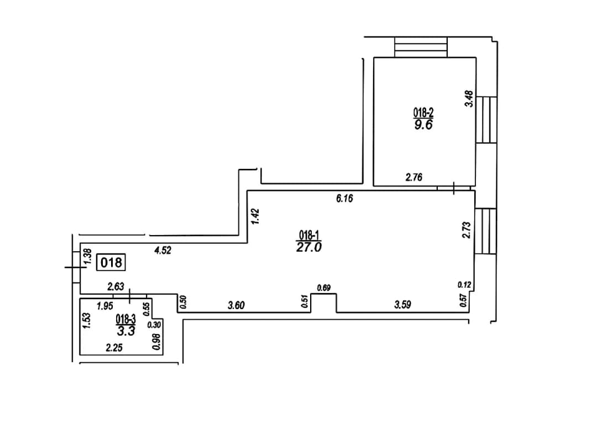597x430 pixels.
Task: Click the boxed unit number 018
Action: (x=111, y=262)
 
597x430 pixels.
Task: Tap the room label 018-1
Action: (x=308, y=235)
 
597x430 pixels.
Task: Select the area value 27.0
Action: (x=309, y=247)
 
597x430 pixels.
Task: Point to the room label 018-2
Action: (x=423, y=113)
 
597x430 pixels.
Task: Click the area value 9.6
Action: (x=423, y=125)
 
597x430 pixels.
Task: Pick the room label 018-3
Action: (x=125, y=319)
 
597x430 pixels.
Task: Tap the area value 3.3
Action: (x=126, y=331)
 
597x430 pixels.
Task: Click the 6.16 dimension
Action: (x=344, y=199)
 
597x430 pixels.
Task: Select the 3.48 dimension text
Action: (x=469, y=98)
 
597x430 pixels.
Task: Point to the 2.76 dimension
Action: (x=414, y=177)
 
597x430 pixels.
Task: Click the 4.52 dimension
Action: (x=163, y=251)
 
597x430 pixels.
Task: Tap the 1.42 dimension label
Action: (x=255, y=216)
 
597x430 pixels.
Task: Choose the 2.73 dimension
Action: (x=467, y=230)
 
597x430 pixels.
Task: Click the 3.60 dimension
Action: (x=236, y=305)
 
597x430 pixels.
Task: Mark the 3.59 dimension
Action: (x=402, y=305)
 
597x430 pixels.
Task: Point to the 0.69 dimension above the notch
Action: (x=323, y=288)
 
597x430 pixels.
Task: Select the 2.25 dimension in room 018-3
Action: (x=114, y=348)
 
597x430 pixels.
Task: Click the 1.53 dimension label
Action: (x=86, y=321)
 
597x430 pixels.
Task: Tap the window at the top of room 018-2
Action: (x=421, y=47)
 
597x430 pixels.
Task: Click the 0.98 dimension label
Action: (x=156, y=342)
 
